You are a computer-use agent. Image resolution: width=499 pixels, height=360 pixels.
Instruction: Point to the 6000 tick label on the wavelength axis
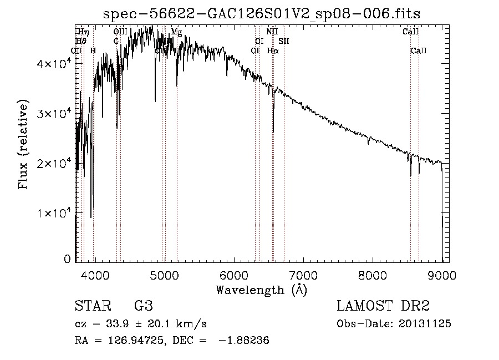[233, 275]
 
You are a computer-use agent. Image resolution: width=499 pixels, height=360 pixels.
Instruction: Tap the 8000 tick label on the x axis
[373, 275]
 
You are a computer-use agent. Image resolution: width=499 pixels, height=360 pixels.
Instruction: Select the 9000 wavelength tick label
[442, 275]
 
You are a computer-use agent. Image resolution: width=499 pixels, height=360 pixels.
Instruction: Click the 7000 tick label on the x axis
[303, 275]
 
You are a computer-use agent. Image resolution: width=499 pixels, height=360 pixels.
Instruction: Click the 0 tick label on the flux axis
[67, 259]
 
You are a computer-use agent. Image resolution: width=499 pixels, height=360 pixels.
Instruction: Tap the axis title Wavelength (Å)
[261, 289]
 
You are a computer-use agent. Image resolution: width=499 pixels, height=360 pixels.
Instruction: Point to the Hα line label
[272, 50]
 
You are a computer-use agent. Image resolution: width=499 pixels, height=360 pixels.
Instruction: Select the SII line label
[284, 41]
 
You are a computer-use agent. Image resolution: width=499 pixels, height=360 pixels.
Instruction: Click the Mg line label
[176, 32]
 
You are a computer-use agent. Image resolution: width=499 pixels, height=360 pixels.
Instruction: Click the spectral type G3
[143, 307]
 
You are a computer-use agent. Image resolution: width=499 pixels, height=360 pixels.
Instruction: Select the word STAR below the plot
[92, 307]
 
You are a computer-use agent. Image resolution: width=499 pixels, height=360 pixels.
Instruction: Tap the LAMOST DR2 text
[383, 307]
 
